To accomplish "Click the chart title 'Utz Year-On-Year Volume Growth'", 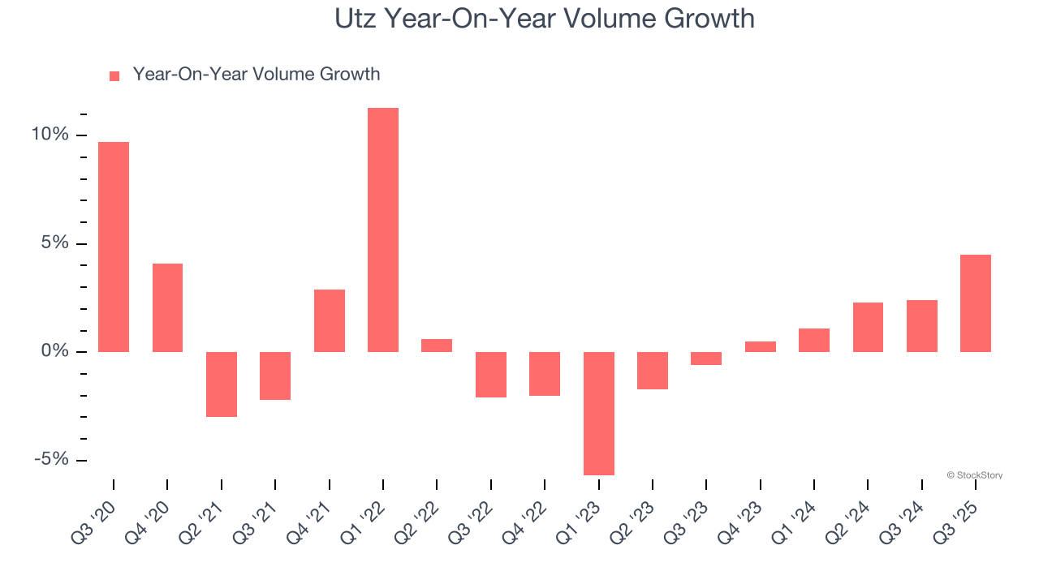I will tap(545, 18).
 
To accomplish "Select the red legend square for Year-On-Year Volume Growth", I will tap(114, 75).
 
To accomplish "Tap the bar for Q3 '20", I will tap(114, 247).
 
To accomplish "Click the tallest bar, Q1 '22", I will tap(383, 230).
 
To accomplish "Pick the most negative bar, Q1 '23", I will tap(598, 413).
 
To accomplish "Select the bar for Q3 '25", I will tap(975, 303).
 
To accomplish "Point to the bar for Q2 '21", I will tap(222, 384).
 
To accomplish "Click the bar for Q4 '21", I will tap(330, 320).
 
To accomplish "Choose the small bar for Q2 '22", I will tap(437, 346).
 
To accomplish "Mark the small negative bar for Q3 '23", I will tap(706, 359).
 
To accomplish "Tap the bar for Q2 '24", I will tap(868, 327).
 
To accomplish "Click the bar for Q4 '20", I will tap(167, 307).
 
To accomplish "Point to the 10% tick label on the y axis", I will tap(50, 135).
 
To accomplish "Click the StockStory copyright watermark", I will tap(974, 475).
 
